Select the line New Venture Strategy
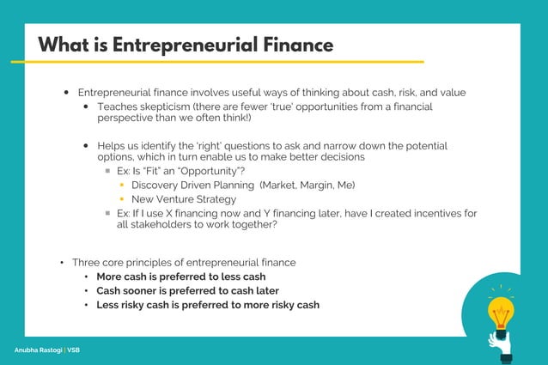tap(184, 199)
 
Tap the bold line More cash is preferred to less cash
tap(180, 277)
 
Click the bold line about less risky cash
tap(207, 305)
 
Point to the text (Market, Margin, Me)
tap(307, 185)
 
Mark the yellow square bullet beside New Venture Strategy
tap(123, 199)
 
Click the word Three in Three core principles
tap(87, 262)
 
